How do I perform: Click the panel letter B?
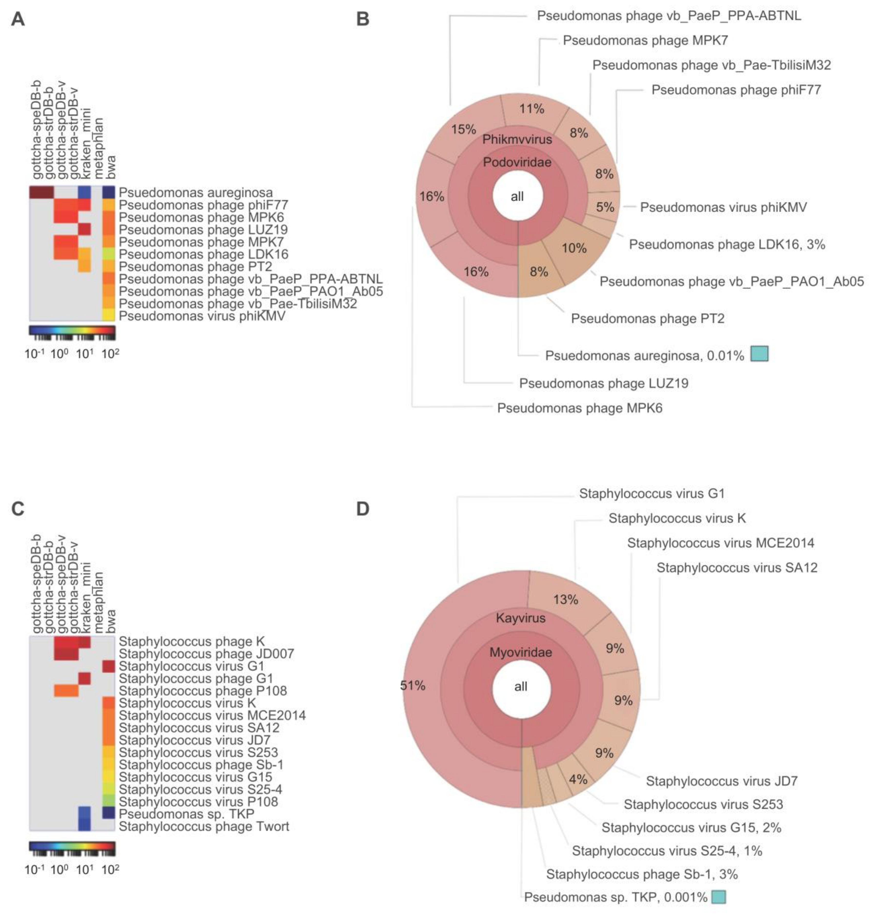coord(363,19)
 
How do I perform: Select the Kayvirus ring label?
coord(520,618)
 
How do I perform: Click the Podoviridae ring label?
coord(517,162)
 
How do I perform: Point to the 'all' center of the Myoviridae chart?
coord(521,687)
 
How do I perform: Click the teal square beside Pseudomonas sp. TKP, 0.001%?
coord(719,897)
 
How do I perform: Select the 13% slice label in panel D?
coord(565,599)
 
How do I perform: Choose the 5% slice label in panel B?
coord(605,207)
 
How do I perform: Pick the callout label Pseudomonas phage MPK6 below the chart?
coord(579,408)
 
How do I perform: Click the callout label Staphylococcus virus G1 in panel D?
coord(651,494)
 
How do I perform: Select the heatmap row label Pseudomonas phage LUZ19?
coord(203,230)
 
